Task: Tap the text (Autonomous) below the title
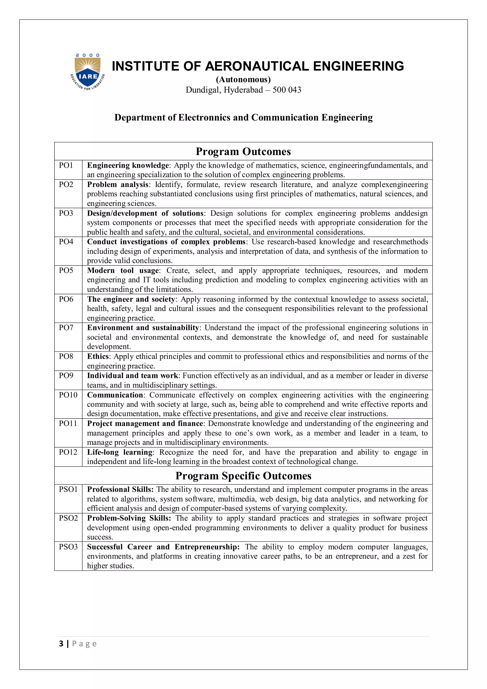click(x=243, y=79)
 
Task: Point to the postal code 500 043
click(x=287, y=90)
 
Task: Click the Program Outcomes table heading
click(x=243, y=152)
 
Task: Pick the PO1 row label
click(x=66, y=165)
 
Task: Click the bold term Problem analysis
click(x=117, y=185)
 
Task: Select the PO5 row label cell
click(x=66, y=270)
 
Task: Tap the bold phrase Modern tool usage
click(x=123, y=270)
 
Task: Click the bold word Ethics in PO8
click(x=98, y=356)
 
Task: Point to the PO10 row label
click(x=68, y=395)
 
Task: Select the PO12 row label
click(x=68, y=452)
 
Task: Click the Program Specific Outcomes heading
click(x=243, y=476)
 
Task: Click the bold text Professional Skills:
click(x=120, y=489)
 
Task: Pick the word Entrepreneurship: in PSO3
click(x=207, y=547)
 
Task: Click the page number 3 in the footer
click(x=61, y=644)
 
